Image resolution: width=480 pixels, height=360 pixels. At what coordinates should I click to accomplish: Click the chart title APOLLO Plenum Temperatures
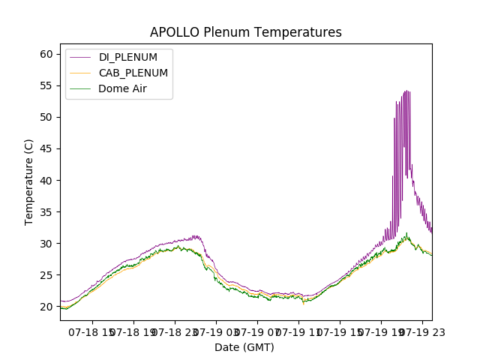pyautogui.click(x=245, y=32)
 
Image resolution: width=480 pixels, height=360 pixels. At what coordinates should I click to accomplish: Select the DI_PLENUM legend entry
pyautogui.click(x=128, y=57)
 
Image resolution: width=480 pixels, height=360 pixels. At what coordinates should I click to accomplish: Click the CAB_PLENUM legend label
pyautogui.click(x=133, y=73)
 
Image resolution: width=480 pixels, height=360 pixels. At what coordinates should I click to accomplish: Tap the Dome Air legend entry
pyautogui.click(x=121, y=88)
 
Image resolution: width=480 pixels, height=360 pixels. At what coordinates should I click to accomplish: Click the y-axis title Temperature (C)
pyautogui.click(x=28, y=181)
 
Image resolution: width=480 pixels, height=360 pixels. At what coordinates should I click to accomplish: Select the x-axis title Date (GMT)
pyautogui.click(x=244, y=347)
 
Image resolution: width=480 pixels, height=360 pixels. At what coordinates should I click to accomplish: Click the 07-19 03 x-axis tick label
pyautogui.click(x=215, y=331)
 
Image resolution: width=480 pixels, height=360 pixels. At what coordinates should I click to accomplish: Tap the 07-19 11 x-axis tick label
pyautogui.click(x=298, y=331)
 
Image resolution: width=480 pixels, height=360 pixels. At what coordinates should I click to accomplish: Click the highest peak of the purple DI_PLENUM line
pyautogui.click(x=406, y=91)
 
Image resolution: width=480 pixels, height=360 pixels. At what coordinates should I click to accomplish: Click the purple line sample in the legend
pyautogui.click(x=81, y=57)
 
